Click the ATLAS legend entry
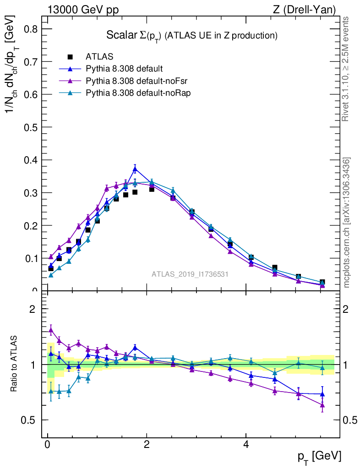point(99,57)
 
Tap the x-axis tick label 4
point(245,445)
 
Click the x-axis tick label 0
point(47,445)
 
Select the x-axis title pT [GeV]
point(319,456)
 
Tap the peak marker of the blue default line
point(135,169)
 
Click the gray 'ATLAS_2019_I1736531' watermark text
point(190,274)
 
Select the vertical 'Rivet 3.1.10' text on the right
point(346,69)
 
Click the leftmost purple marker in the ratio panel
point(51,329)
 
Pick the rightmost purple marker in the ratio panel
point(322,405)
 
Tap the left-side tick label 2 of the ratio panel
point(33,309)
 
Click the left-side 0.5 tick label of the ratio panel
point(28,420)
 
